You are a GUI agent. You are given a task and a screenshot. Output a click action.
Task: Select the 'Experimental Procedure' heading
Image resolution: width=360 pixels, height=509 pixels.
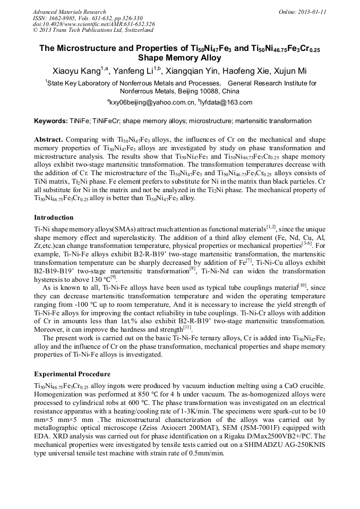[72, 374]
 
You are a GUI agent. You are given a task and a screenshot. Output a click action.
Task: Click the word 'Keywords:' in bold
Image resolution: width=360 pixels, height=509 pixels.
[50, 121]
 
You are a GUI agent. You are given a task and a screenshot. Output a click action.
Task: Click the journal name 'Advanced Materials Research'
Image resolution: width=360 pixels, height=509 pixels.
[69, 12]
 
